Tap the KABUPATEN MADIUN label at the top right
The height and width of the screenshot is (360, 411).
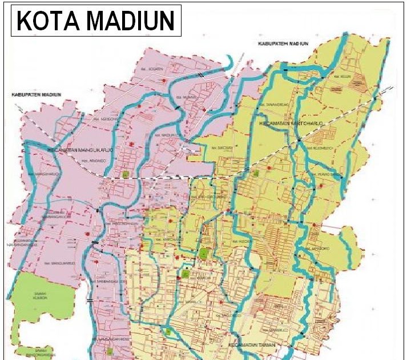278,43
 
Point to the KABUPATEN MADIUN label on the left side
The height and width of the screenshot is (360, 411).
33,94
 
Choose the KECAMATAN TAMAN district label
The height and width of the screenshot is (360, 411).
252,346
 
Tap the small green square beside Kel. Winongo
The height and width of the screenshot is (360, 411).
125,174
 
